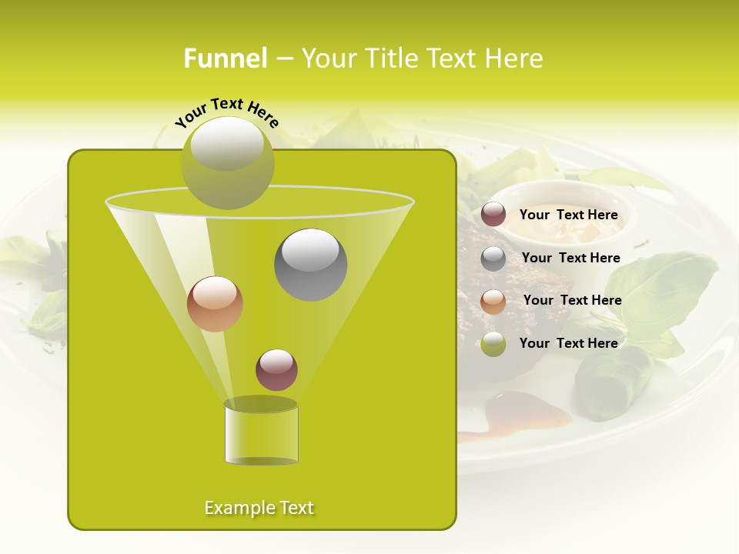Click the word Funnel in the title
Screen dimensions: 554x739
225,58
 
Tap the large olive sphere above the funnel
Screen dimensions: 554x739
228,163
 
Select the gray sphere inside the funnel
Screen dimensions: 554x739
311,265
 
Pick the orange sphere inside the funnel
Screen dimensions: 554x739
215,304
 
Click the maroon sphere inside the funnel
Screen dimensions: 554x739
276,369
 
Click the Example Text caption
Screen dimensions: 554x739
259,508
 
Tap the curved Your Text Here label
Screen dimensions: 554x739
226,112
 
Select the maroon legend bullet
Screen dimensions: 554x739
493,215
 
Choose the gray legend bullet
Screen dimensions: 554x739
493,259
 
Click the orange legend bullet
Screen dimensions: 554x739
493,302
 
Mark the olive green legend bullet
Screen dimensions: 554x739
493,344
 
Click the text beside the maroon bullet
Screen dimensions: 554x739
568,215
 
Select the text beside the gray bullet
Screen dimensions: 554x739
570,259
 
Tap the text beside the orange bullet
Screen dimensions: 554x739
572,301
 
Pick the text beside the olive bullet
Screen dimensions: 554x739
568,343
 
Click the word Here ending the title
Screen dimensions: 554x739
515,58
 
